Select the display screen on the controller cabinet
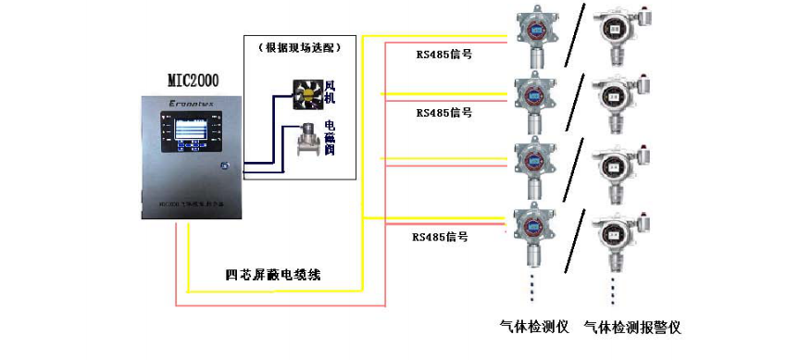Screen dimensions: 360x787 (x=189, y=132)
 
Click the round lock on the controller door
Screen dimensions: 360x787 (x=224, y=166)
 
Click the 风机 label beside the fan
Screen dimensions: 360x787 (x=329, y=93)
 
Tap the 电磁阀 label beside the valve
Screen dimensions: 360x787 (x=330, y=136)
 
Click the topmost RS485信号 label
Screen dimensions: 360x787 (x=444, y=54)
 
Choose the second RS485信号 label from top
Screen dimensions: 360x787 (x=444, y=112)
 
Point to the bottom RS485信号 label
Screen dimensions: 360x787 (x=440, y=237)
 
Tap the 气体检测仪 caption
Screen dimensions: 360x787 (x=531, y=327)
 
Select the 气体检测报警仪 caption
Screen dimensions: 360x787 (x=632, y=327)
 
